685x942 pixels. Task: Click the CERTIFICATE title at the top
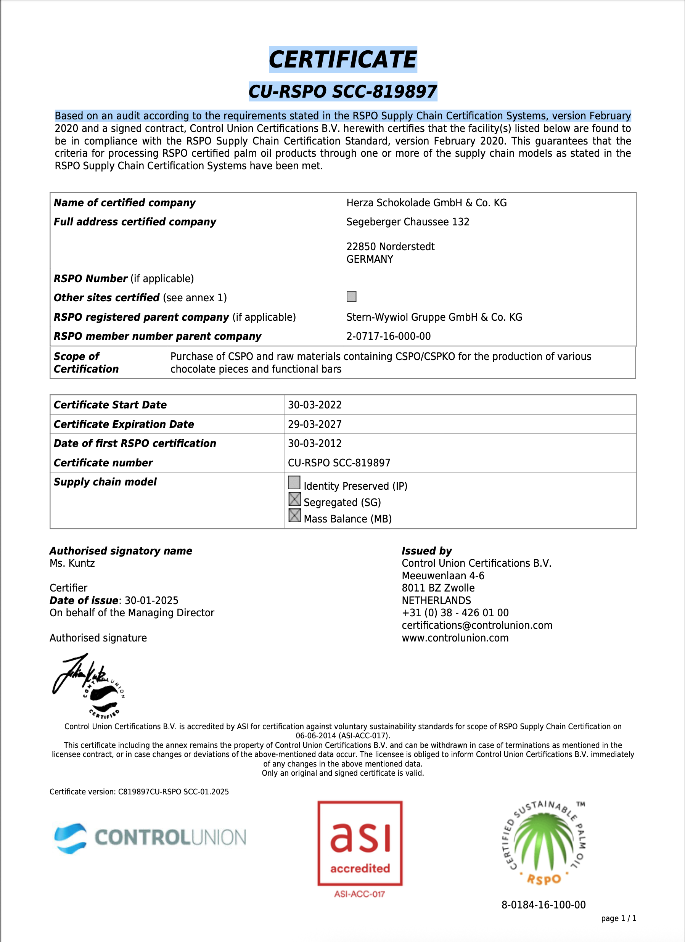tap(343, 59)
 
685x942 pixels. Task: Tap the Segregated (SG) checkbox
tap(294, 499)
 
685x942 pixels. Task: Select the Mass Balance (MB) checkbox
tap(294, 516)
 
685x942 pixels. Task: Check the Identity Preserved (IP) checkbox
tap(294, 482)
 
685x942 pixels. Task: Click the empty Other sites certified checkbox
tap(351, 297)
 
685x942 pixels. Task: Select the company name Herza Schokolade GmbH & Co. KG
tap(426, 203)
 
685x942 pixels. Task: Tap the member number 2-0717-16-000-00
tap(388, 336)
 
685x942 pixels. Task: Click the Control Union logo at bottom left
tap(150, 838)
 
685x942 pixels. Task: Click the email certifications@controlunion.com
tap(477, 625)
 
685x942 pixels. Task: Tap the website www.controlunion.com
tap(455, 638)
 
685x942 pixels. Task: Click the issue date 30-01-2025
tap(152, 600)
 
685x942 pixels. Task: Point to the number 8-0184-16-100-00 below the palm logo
tap(543, 905)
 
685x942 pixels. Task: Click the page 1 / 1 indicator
tap(619, 918)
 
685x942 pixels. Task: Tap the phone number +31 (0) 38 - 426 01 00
tap(455, 612)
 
